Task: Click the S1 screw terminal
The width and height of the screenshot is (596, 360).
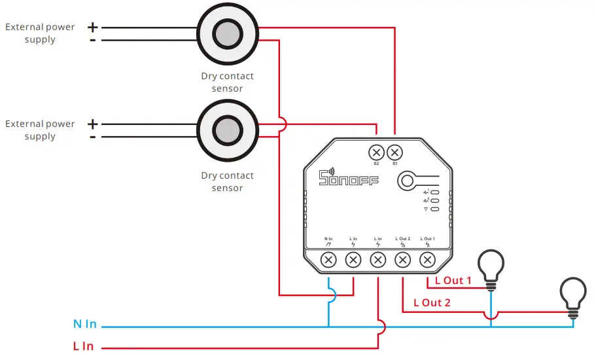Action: [394, 153]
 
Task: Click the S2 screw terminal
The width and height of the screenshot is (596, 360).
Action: [376, 153]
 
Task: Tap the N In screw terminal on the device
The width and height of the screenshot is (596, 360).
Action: [329, 260]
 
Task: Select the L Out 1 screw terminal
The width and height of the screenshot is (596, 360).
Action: [427, 260]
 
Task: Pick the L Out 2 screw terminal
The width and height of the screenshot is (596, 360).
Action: [403, 260]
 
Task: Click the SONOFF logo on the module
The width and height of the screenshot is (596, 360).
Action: [348, 178]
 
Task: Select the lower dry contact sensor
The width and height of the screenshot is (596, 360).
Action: [226, 130]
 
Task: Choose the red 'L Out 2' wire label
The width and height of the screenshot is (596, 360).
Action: [432, 303]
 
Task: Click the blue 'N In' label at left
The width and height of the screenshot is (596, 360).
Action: [85, 324]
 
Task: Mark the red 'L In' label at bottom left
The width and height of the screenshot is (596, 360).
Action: [83, 346]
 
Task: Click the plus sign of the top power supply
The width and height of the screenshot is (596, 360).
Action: [92, 27]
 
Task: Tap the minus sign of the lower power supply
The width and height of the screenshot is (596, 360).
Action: [92, 137]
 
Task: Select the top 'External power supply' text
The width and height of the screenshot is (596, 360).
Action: [40, 33]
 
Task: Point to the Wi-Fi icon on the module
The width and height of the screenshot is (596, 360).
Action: [426, 209]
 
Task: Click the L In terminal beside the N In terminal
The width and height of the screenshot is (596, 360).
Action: [353, 260]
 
